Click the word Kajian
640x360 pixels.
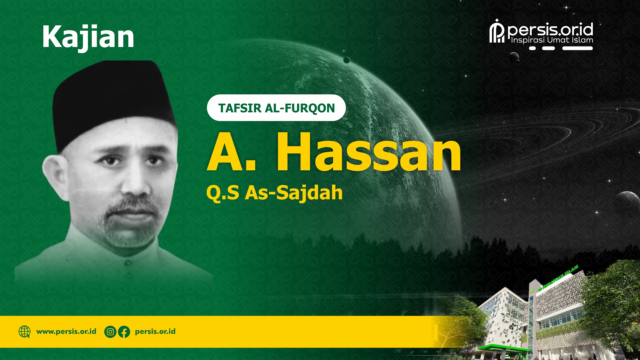pos(88,37)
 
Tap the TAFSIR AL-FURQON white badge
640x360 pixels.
pos(276,108)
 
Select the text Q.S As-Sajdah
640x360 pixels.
pos(274,193)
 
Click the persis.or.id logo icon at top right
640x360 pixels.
pos(497,31)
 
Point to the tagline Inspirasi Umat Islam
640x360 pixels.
pos(552,40)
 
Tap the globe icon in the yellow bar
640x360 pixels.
pos(24,332)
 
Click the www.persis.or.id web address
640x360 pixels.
pos(66,332)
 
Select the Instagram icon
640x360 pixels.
pos(110,332)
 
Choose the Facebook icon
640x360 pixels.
pos(124,332)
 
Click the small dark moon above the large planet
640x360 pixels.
pos(347,60)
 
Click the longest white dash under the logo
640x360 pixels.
pos(577,48)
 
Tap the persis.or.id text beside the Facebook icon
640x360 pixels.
pos(155,332)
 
